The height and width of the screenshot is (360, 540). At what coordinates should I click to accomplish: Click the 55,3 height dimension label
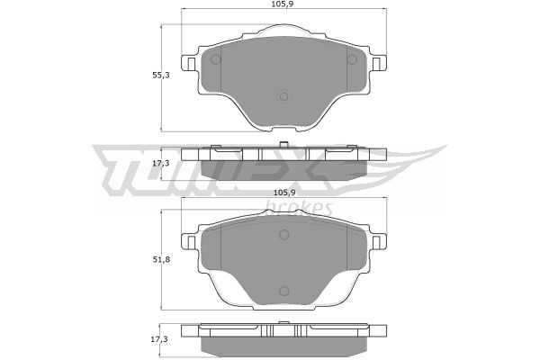tap(161, 76)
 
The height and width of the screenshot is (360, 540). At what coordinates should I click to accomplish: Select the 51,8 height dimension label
tap(161, 259)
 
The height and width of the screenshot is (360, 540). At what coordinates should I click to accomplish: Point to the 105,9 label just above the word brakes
tap(284, 193)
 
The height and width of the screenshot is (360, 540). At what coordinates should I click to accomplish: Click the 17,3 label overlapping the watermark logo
tap(161, 163)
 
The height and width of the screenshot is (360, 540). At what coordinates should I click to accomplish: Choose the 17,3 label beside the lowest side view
tap(159, 339)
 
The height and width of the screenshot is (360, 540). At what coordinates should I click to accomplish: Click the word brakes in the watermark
tap(299, 207)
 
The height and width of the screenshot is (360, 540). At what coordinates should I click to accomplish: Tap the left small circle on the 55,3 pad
tap(216, 59)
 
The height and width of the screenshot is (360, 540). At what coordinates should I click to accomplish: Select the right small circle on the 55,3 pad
tap(352, 59)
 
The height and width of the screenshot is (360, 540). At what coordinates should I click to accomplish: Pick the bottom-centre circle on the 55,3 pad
tap(283, 96)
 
